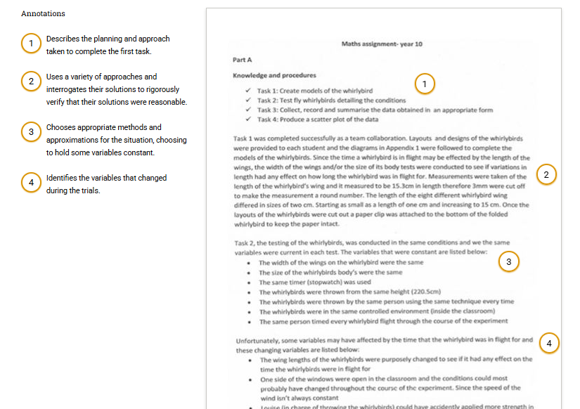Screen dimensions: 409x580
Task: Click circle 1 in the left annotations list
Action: (x=30, y=44)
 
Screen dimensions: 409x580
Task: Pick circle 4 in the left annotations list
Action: (x=30, y=183)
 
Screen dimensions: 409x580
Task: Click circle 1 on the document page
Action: (x=424, y=84)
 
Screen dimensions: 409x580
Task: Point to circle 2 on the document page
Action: (x=546, y=174)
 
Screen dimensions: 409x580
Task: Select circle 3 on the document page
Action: (x=508, y=261)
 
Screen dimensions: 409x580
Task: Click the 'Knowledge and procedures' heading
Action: (x=274, y=75)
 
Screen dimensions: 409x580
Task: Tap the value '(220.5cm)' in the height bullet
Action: (x=424, y=292)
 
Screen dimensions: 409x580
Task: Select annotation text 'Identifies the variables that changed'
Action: (x=106, y=178)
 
